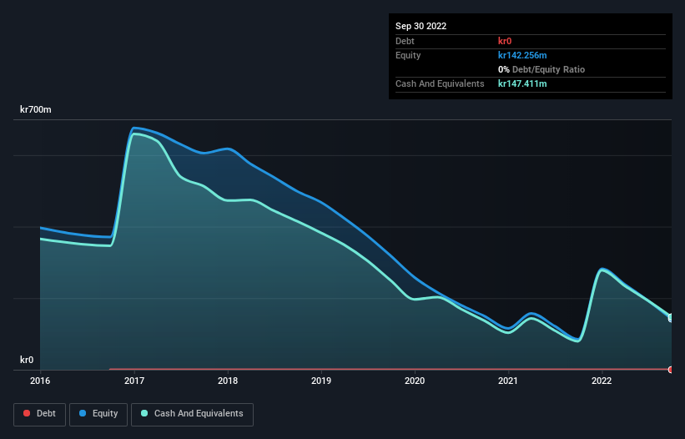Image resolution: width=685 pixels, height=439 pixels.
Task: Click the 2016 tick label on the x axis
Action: click(40, 381)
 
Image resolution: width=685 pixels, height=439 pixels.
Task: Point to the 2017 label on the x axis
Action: click(133, 381)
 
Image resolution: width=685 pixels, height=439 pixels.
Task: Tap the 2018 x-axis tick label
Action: click(227, 381)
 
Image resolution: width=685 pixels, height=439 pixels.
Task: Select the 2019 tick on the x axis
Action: click(321, 381)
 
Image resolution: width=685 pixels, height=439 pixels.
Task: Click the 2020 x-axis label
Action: click(415, 381)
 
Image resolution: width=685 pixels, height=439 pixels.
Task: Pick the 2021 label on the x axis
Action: click(508, 381)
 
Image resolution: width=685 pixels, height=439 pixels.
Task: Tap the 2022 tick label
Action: click(602, 381)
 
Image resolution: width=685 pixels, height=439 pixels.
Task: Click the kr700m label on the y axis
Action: click(36, 110)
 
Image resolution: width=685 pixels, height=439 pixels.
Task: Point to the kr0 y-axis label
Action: click(27, 360)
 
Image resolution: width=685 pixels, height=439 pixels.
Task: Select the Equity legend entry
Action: click(98, 413)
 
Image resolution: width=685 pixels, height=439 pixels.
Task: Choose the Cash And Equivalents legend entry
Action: click(192, 413)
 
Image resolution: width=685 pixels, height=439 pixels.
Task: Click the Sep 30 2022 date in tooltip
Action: click(421, 26)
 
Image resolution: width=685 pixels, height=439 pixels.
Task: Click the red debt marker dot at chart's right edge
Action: click(670, 369)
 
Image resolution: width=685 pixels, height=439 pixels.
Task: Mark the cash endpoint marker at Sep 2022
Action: click(670, 317)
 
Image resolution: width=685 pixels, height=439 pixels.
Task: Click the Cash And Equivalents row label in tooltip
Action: click(440, 83)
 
